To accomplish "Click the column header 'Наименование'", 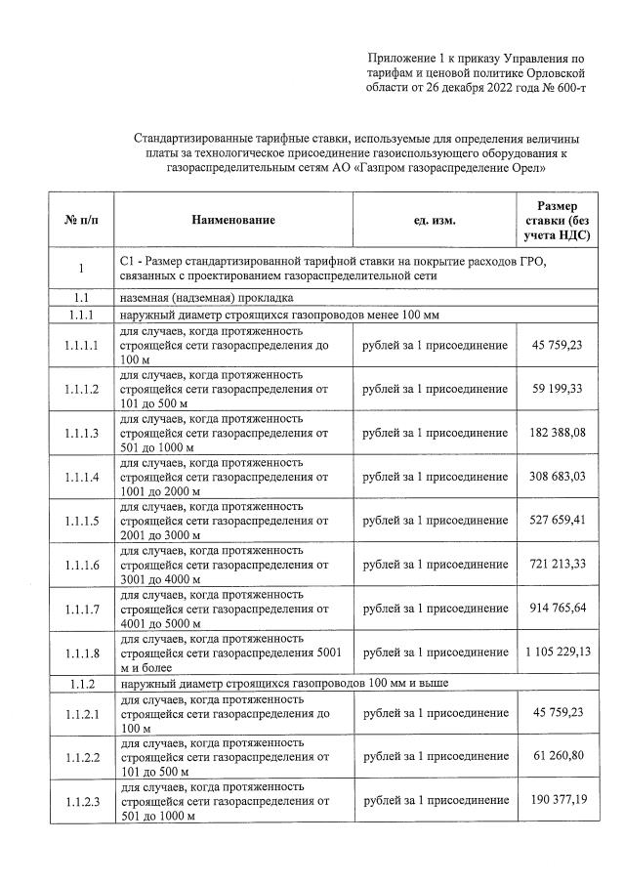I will click(x=233, y=221).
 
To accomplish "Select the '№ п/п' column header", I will click(x=81, y=221).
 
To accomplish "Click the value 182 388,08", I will click(x=558, y=433).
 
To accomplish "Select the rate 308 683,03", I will click(x=558, y=478).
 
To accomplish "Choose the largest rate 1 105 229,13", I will click(x=558, y=652).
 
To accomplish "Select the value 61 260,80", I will click(x=558, y=757).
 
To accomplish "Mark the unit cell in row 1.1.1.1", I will click(x=435, y=345).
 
